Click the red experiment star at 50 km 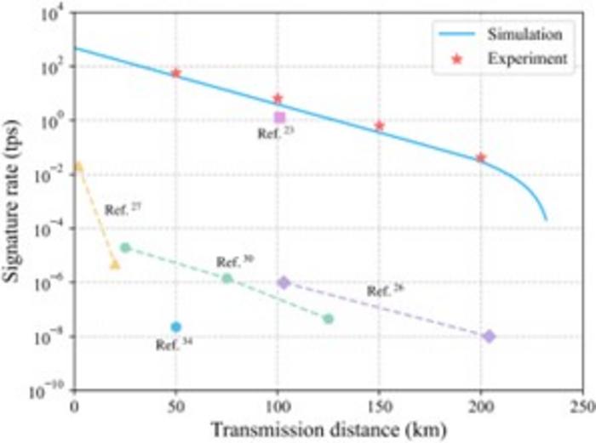(176, 73)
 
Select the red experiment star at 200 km (481, 157)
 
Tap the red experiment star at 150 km (380, 126)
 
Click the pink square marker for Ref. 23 (279, 117)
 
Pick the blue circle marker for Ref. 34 (176, 327)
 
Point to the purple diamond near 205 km (490, 337)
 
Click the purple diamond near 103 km (284, 282)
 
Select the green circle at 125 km (329, 319)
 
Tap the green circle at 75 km (227, 278)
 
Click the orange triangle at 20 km (115, 265)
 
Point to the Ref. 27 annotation (120, 208)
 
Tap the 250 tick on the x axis (582, 406)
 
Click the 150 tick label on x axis (380, 406)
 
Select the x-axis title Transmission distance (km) (329, 429)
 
